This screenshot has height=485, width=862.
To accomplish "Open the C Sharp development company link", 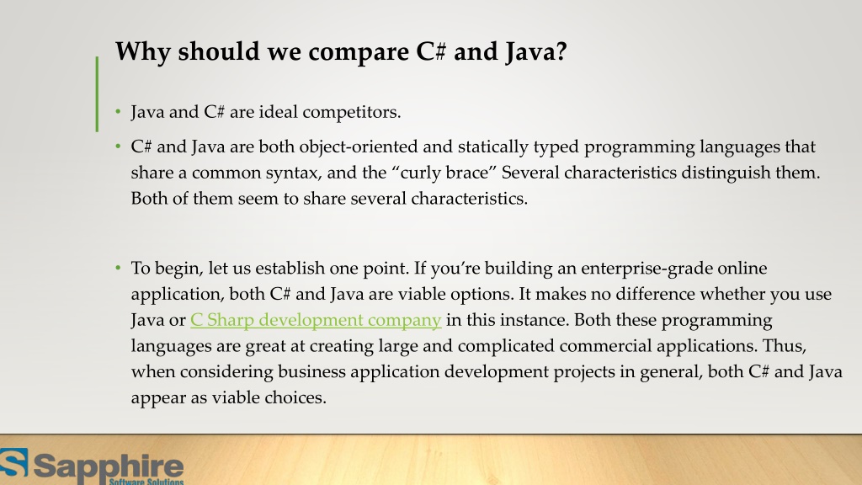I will [316, 320].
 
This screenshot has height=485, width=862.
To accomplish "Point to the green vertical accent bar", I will [97, 93].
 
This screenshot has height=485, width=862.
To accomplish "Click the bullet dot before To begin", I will [119, 269].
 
